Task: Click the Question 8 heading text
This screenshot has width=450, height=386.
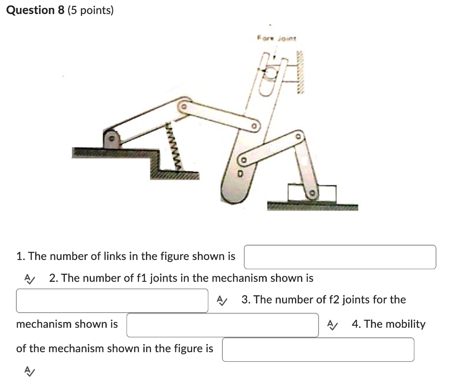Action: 35,10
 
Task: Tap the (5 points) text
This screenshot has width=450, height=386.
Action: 91,10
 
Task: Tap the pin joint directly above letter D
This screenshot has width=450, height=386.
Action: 242,160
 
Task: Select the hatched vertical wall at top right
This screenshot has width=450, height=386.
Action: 301,73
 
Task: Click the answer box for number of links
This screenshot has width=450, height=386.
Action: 340,257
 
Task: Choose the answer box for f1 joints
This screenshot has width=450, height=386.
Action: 112,300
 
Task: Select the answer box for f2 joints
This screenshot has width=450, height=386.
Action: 222,325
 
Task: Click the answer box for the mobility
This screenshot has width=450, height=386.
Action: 318,350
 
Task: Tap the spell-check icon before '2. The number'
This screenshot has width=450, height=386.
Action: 29,278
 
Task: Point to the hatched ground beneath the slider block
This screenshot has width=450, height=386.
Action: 312,206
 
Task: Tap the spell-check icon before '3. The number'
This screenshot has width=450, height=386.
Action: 221,300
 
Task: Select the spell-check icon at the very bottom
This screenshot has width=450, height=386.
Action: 29,371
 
